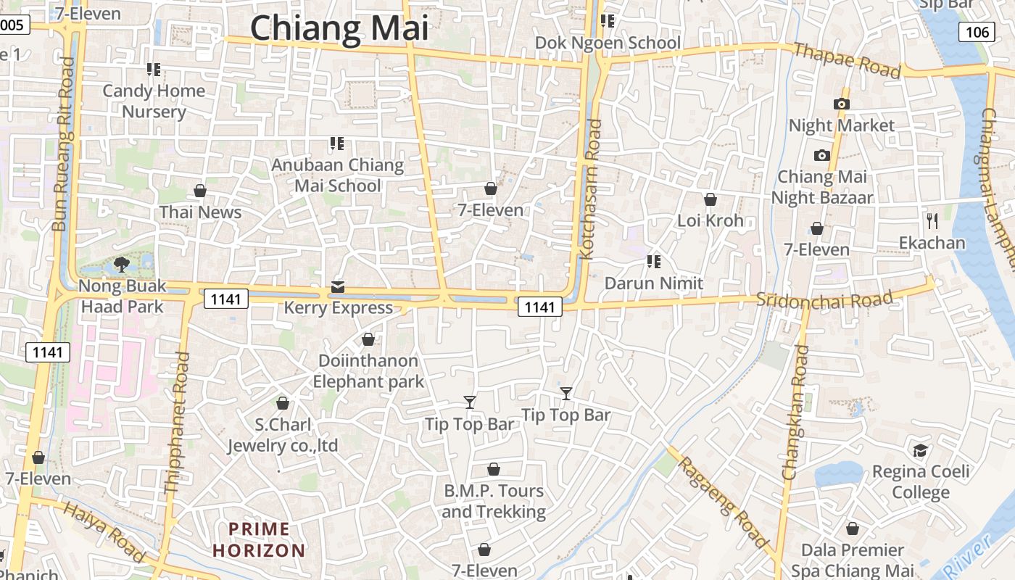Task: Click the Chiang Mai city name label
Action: point(339,29)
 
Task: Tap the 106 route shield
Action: point(977,32)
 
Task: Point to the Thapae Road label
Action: point(848,60)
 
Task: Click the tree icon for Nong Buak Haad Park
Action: point(122,265)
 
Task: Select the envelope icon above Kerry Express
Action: point(338,287)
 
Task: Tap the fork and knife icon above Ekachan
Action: point(932,221)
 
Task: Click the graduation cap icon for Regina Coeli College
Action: point(920,451)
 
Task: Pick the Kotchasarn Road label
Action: point(591,188)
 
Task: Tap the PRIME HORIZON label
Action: point(259,539)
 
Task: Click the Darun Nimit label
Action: point(654,283)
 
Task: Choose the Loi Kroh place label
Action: point(710,220)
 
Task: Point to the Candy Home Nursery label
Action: point(154,101)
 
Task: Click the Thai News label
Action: point(200,212)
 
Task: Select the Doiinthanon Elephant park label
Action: point(368,370)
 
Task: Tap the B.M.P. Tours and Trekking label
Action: point(493,501)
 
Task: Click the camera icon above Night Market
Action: point(841,104)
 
